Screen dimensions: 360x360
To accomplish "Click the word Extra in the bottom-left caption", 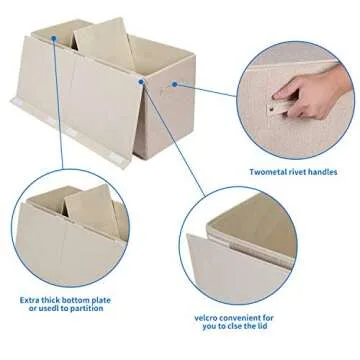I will tap(33, 298).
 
